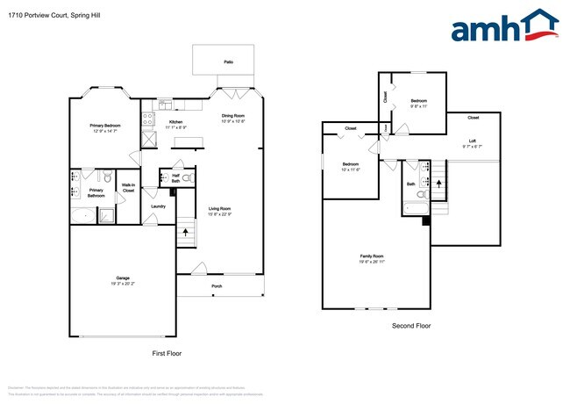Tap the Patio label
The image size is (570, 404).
click(228, 62)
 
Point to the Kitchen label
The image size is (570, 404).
click(175, 122)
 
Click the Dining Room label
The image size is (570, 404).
click(232, 116)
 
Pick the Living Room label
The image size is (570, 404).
click(219, 208)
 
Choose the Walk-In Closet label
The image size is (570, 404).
click(128, 187)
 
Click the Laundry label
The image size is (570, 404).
click(158, 206)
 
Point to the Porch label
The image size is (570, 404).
click(217, 286)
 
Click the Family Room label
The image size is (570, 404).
click(372, 256)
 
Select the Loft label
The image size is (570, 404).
click(472, 141)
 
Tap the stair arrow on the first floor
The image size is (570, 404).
click(186, 234)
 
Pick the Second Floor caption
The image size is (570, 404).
click(410, 326)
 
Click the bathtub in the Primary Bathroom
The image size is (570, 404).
click(82, 216)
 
